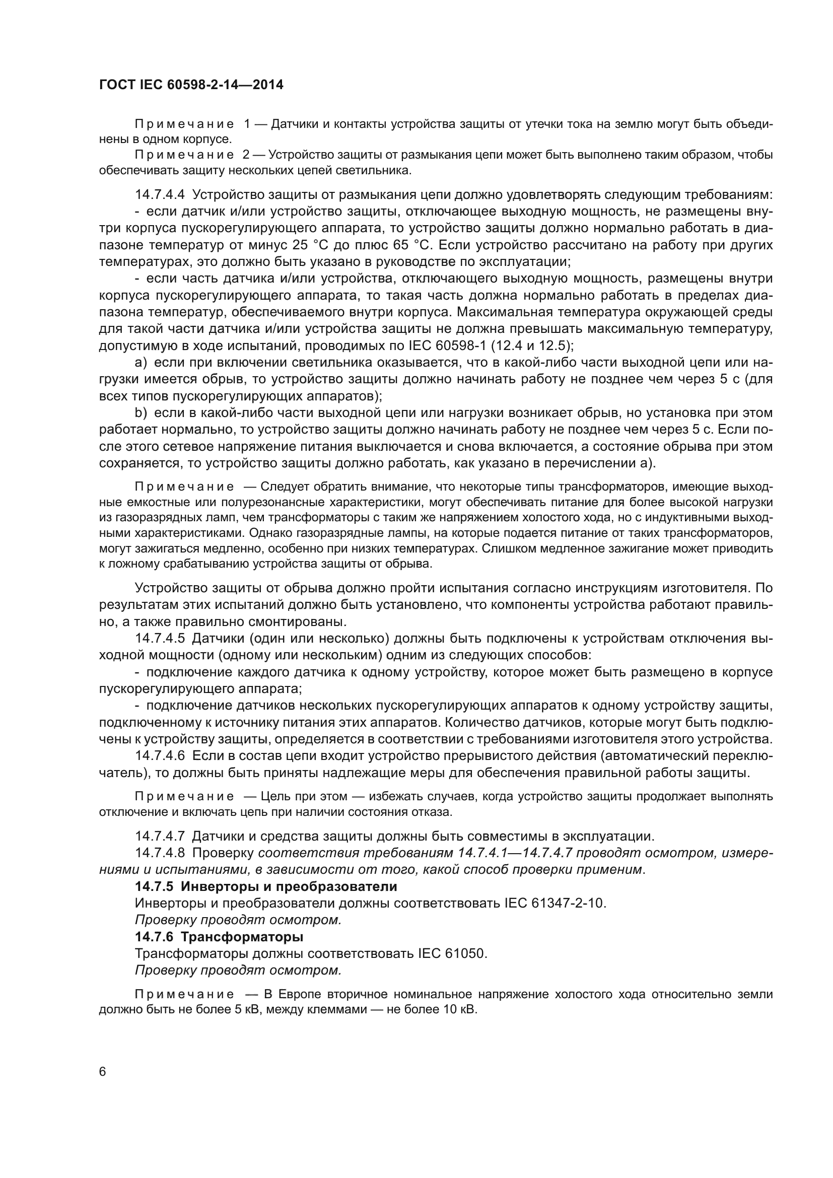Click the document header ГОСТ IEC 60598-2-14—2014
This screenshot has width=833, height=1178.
coord(191,85)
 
